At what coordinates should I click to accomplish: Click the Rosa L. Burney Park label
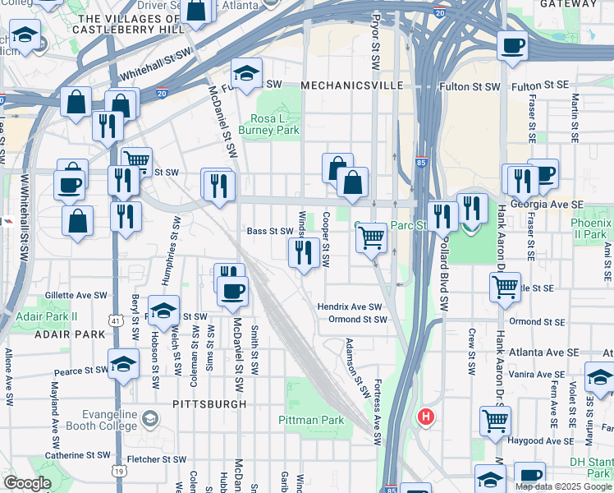(268, 123)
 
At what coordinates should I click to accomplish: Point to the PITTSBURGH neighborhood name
(209, 404)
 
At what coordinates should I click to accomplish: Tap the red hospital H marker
(425, 417)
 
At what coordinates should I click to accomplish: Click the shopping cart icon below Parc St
(372, 238)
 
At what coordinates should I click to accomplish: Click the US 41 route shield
(116, 320)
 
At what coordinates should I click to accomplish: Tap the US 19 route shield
(119, 470)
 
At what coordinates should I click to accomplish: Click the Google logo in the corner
(27, 483)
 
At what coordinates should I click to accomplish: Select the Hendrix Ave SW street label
(351, 306)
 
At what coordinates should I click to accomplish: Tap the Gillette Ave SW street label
(76, 294)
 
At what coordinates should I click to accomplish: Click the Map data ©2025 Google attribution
(563, 486)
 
